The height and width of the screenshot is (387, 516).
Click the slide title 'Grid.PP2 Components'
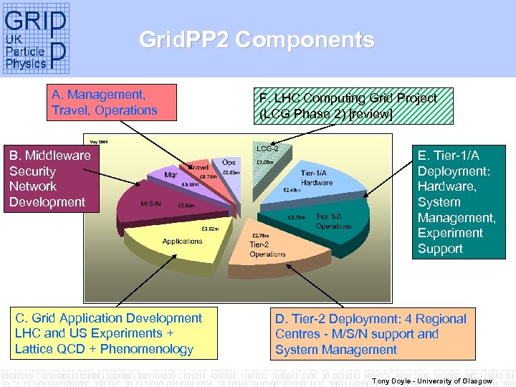pyautogui.click(x=257, y=40)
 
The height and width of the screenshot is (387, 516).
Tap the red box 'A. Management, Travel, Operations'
pyautogui.click(x=104, y=102)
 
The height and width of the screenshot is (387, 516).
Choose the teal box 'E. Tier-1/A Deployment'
pyautogui.click(x=459, y=201)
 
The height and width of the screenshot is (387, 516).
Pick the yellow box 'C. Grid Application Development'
pyautogui.click(x=108, y=333)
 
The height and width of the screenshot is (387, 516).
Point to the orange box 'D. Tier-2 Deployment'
pyautogui.click(x=371, y=334)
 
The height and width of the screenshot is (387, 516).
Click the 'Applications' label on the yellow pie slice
pyautogui.click(x=182, y=242)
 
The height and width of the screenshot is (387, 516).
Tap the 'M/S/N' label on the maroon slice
pyautogui.click(x=151, y=203)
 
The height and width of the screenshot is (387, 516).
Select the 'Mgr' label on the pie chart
pyautogui.click(x=171, y=174)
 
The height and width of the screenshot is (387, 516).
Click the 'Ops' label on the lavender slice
pyautogui.click(x=229, y=163)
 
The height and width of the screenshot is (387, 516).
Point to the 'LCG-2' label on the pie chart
pyautogui.click(x=267, y=149)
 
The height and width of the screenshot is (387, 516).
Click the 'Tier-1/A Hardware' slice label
pyautogui.click(x=316, y=178)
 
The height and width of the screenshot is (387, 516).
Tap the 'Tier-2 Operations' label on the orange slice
pyautogui.click(x=267, y=249)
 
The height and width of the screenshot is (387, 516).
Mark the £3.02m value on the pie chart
pyautogui.click(x=209, y=229)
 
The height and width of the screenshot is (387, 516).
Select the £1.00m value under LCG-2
pyautogui.click(x=265, y=162)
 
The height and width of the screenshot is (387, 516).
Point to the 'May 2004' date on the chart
pyautogui.click(x=98, y=140)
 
